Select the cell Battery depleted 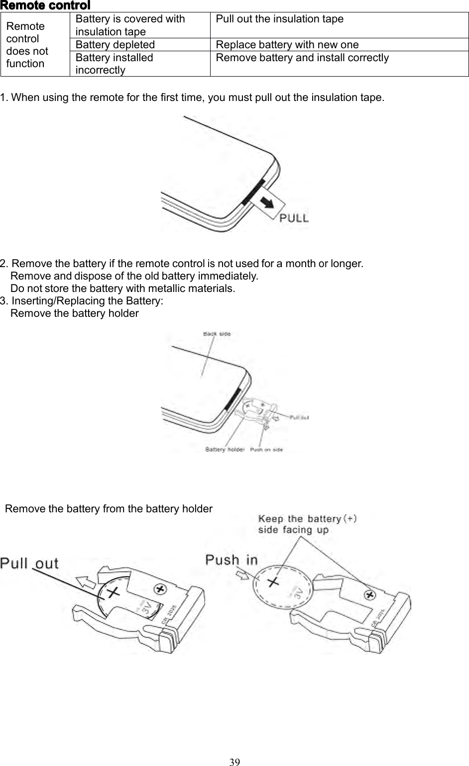(115, 45)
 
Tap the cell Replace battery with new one (287, 45)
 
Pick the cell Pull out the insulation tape (279, 19)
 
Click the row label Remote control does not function (27, 45)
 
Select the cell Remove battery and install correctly (302, 58)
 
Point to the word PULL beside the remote (294, 218)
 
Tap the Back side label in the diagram (217, 334)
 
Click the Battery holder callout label (225, 449)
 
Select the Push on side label (266, 450)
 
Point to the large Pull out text (29, 564)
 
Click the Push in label (232, 560)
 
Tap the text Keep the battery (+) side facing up (306, 524)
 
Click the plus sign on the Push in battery (273, 581)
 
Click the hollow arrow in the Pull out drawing (86, 580)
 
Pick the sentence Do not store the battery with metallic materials (122, 288)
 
